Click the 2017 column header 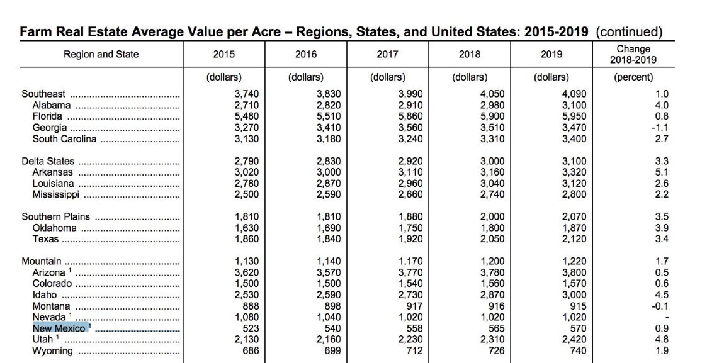tap(387, 55)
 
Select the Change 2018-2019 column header tap(633, 55)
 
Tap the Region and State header tap(101, 55)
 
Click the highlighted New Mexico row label tap(59, 328)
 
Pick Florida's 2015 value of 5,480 tap(247, 116)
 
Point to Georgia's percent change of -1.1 tap(660, 128)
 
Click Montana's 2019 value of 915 tap(578, 306)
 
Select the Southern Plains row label tap(56, 216)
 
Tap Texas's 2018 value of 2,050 tap(492, 239)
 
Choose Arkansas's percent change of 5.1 tap(662, 172)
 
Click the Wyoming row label tap(52, 351)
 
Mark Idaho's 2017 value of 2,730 tap(410, 295)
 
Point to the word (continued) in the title tap(629, 32)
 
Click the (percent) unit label tap(633, 77)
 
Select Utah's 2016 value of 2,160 tap(328, 340)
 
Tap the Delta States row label tap(48, 161)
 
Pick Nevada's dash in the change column tap(667, 318)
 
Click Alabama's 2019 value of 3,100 tap(574, 106)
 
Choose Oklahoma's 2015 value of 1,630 tap(247, 228)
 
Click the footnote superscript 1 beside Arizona tap(70, 270)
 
